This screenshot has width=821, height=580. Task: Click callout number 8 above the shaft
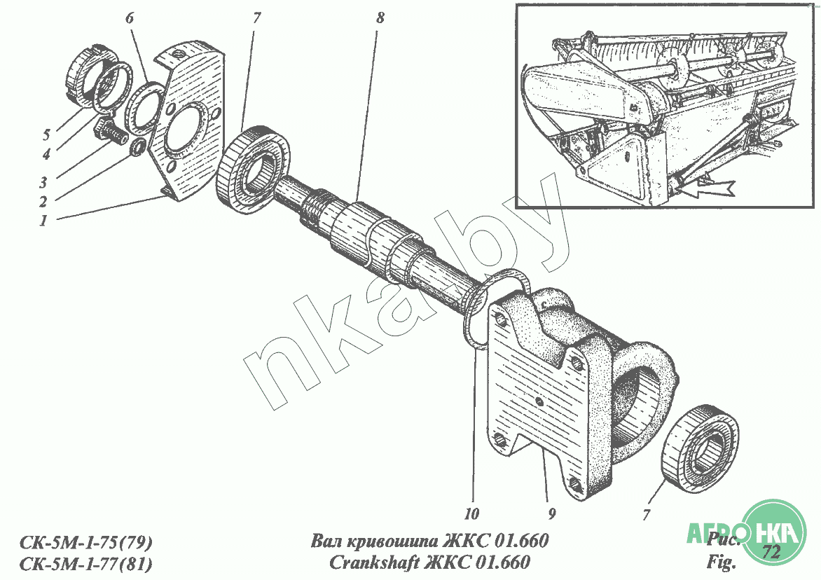(380, 18)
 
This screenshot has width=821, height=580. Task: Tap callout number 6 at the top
(130, 18)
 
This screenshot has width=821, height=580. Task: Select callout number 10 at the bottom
(471, 514)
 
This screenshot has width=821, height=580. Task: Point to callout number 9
(552, 514)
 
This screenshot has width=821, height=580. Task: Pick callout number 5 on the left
(46, 135)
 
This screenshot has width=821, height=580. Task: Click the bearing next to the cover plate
(252, 169)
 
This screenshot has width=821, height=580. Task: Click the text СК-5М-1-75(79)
(86, 541)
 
